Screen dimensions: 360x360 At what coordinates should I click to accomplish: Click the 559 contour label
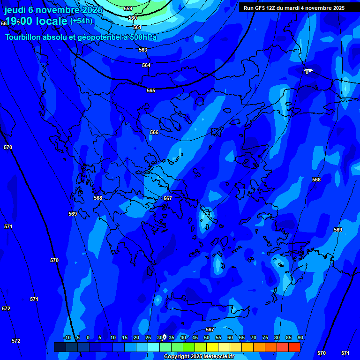pos(128,8)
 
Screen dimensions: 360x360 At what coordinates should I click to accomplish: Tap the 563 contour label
pos(143,50)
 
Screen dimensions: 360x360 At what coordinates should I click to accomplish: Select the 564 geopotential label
pos(146,65)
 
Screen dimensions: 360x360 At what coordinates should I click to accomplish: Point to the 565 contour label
pos(151,90)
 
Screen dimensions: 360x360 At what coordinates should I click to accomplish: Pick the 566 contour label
pos(154,133)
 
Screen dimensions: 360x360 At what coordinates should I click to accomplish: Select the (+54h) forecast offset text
pos(81,21)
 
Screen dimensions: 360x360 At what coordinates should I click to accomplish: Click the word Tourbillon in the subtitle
pos(24,37)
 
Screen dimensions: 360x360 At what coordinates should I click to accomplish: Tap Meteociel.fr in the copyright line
pos(218,357)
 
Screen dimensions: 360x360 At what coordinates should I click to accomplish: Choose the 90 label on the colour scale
pos(300,337)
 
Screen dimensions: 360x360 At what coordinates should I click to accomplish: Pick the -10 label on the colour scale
pos(67,337)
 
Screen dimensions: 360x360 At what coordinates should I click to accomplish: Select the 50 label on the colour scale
pos(207,337)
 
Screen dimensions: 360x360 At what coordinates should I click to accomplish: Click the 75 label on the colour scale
pos(265,337)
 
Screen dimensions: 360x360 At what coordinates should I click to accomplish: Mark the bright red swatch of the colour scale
pos(294,347)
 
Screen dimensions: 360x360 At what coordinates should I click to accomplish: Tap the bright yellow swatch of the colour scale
pos(212,347)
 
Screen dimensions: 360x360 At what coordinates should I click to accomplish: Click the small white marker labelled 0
pos(308,71)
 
